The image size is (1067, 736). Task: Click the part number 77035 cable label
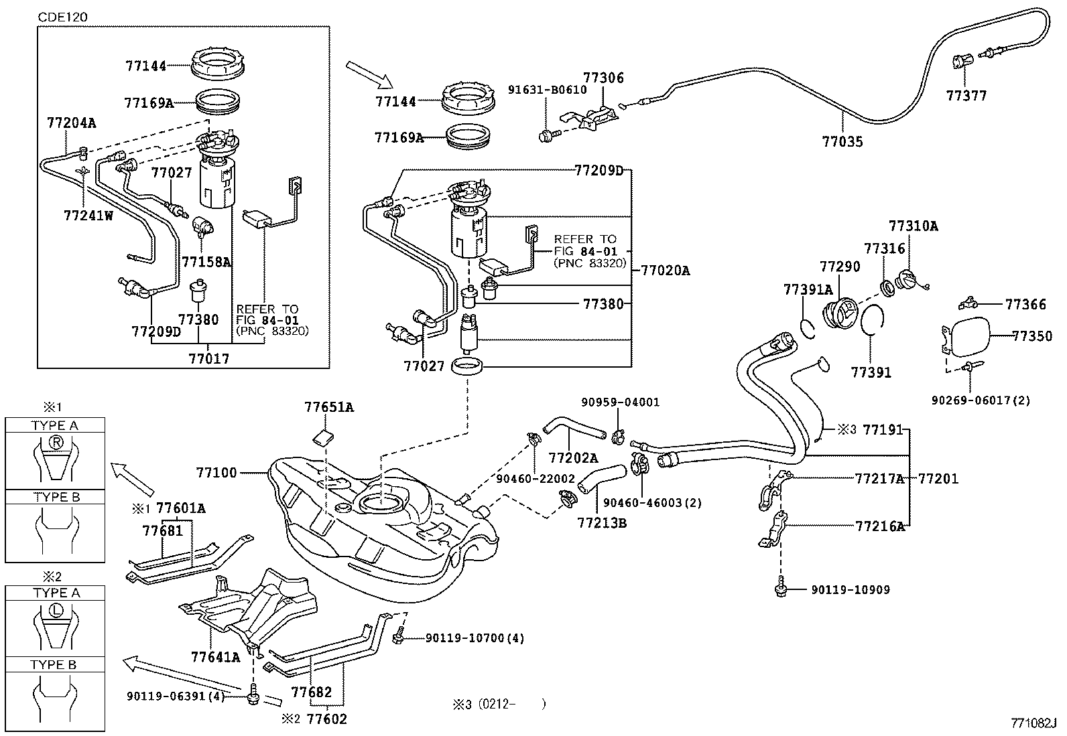[842, 142]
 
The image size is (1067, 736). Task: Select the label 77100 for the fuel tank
[216, 473]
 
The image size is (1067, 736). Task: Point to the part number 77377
[966, 96]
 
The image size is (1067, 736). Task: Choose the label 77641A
[215, 657]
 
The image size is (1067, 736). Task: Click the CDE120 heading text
[62, 16]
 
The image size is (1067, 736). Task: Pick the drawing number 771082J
[1033, 723]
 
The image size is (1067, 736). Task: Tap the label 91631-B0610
[546, 89]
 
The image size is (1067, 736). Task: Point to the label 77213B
[601, 522]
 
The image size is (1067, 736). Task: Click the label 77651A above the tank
[328, 407]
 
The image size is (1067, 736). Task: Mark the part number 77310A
[913, 226]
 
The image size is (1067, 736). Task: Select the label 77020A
[665, 271]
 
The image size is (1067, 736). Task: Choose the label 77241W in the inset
[88, 216]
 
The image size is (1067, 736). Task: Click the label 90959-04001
[620, 402]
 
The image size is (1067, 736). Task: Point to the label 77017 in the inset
[208, 359]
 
